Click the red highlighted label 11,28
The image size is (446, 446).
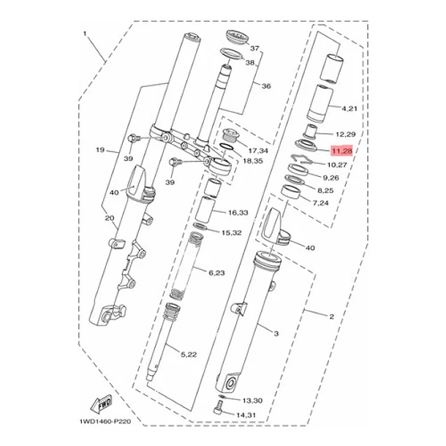(x=342, y=151)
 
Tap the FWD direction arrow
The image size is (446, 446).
(x=102, y=404)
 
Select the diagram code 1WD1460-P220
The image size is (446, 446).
(x=105, y=421)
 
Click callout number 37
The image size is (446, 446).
(x=254, y=48)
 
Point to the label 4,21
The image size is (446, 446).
(x=349, y=108)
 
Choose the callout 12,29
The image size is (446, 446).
(x=344, y=135)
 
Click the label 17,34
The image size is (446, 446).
(x=257, y=150)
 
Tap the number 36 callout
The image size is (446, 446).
(x=266, y=86)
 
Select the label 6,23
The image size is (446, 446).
(x=216, y=273)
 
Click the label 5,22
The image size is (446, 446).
(x=189, y=355)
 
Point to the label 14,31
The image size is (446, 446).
(x=246, y=415)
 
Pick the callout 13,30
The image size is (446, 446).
(x=252, y=401)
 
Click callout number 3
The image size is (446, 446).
(x=276, y=333)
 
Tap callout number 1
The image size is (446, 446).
(x=85, y=34)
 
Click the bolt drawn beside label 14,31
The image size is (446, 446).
(x=218, y=408)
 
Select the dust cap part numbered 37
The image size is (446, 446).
(x=235, y=37)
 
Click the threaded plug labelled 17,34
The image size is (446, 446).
(x=229, y=137)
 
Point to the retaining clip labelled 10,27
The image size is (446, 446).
(x=301, y=159)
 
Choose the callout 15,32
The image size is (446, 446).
(x=232, y=233)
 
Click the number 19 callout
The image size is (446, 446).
(x=100, y=150)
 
